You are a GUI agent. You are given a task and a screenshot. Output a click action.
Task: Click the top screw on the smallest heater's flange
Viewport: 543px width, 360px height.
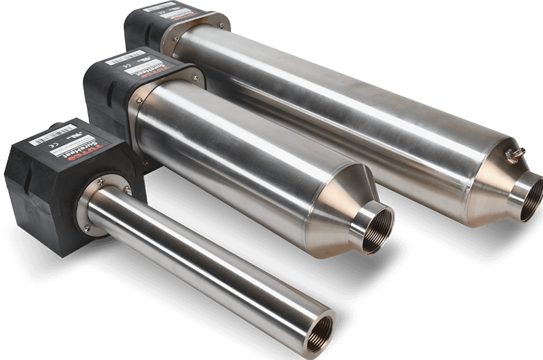click(x=100, y=180)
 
